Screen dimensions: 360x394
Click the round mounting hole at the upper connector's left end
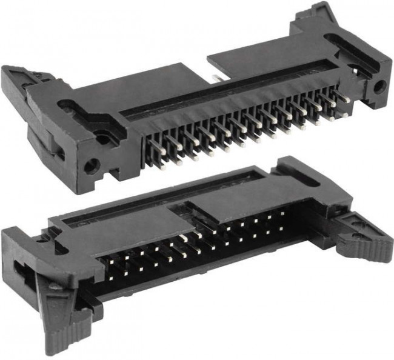93,164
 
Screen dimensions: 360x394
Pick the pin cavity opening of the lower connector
200,255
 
